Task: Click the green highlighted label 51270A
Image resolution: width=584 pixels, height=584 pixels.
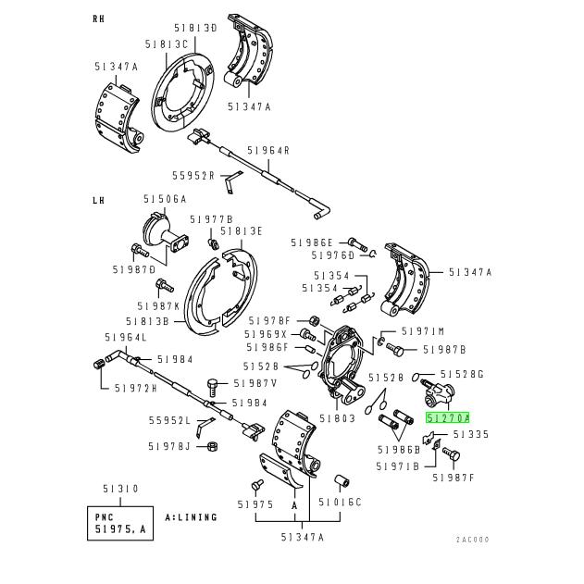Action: pos(447,418)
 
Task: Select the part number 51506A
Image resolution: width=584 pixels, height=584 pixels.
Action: pos(165,199)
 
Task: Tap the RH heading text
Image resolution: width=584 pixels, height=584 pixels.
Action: pos(99,19)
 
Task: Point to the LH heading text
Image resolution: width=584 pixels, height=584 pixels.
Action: pos(99,201)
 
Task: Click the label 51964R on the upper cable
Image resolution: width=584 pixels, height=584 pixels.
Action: pos(268,151)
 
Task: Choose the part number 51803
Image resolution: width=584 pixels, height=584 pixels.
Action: pos(338,418)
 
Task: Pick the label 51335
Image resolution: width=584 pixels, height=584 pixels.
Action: pos(471,434)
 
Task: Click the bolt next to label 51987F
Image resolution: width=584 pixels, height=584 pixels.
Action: pos(452,454)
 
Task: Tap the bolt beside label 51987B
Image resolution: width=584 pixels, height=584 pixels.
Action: pos(395,349)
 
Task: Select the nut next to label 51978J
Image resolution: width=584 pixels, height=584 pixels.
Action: pos(213,446)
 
